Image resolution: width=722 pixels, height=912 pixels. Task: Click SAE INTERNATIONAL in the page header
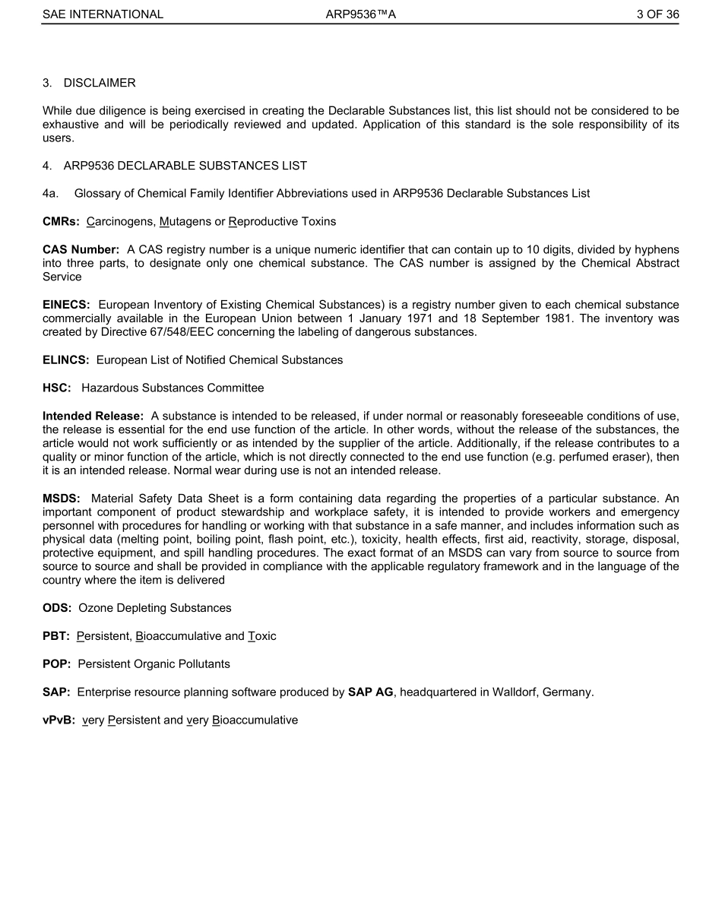click(x=103, y=14)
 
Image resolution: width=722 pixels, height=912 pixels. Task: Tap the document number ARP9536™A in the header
click(x=360, y=14)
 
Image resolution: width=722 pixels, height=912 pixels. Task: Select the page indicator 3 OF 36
click(x=658, y=14)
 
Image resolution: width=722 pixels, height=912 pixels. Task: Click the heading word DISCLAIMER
click(x=100, y=82)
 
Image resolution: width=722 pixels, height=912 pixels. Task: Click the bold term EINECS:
click(x=66, y=304)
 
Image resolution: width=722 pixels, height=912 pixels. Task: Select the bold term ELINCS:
click(x=66, y=359)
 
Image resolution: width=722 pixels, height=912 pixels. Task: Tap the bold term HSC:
click(x=57, y=388)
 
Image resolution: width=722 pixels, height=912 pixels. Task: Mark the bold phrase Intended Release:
click(x=93, y=416)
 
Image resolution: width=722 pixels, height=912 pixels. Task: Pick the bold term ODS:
click(x=57, y=608)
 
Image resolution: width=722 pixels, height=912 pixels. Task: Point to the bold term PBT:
click(x=56, y=636)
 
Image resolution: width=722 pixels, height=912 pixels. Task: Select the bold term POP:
click(x=57, y=663)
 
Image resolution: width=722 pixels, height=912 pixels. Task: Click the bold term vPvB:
click(x=59, y=720)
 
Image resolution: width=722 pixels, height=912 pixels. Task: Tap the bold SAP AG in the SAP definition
click(x=370, y=692)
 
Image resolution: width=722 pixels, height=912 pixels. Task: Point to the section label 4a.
click(x=50, y=193)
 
